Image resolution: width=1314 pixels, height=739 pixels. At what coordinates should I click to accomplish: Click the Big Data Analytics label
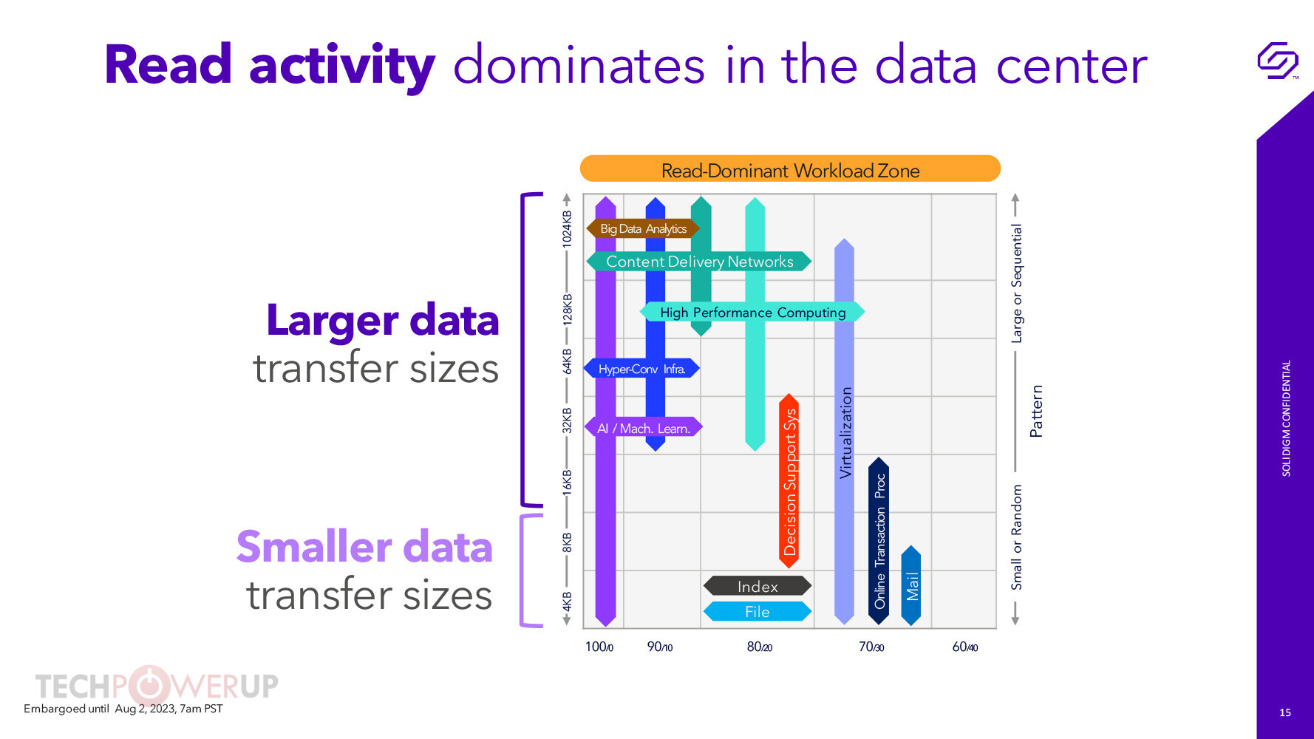[x=643, y=228]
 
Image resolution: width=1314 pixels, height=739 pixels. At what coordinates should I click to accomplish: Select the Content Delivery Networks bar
[x=699, y=262]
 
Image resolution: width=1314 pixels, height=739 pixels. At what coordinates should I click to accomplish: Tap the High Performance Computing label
[x=752, y=312]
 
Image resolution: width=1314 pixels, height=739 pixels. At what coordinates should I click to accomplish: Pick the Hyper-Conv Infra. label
[x=641, y=368]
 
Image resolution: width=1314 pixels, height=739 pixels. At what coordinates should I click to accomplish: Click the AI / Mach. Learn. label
[x=643, y=428]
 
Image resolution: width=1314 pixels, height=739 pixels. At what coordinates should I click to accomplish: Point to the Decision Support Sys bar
[x=789, y=481]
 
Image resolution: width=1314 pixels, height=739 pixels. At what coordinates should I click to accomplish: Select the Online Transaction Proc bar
[x=879, y=541]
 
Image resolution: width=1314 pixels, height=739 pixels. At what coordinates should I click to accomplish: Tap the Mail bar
[x=911, y=585]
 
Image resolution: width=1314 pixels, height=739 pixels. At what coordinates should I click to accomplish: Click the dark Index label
[x=758, y=586]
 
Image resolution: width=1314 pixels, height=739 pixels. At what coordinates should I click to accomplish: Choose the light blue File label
[x=758, y=611]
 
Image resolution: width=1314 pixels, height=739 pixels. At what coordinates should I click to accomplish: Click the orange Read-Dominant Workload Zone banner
[x=790, y=169]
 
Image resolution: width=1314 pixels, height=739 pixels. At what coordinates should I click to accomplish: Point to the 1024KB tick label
[x=567, y=228]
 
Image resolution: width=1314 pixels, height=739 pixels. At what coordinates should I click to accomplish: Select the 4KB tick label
[x=567, y=602]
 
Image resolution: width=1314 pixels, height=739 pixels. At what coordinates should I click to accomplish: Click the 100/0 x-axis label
[x=599, y=647]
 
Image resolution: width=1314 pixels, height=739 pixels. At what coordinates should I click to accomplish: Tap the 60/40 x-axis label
[x=965, y=647]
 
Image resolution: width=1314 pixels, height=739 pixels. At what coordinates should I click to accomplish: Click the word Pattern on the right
[x=1036, y=411]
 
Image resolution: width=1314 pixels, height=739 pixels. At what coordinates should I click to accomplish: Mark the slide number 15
[x=1285, y=712]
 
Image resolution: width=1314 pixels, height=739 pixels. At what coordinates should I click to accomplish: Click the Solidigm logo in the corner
[x=1278, y=61]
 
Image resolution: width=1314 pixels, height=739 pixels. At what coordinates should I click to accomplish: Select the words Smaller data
[x=364, y=547]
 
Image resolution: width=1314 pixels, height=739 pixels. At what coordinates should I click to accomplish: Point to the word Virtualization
[x=846, y=432]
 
